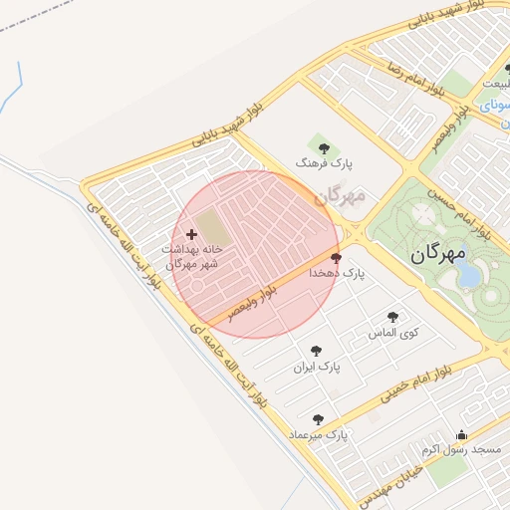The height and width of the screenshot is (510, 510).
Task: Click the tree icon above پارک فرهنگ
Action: (x=325, y=146)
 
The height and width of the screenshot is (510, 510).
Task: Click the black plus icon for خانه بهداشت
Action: (x=191, y=234)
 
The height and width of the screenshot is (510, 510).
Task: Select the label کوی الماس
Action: (x=390, y=332)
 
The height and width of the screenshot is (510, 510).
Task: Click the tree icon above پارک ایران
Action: (x=316, y=351)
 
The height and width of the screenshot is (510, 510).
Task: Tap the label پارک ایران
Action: (x=317, y=367)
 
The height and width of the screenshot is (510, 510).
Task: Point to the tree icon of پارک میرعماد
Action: (x=318, y=419)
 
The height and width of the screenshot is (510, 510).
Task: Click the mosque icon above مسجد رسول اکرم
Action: (x=460, y=435)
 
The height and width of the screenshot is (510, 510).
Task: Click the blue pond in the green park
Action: (x=467, y=276)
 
